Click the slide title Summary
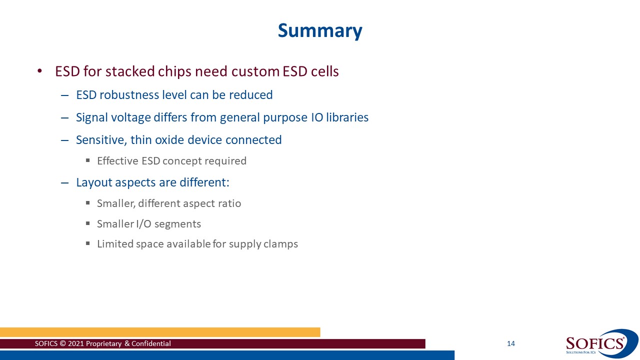(320, 30)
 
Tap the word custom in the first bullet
(255, 71)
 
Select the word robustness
(129, 95)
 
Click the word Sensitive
(100, 140)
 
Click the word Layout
(94, 182)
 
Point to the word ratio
(229, 203)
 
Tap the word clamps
(281, 244)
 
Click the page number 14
(510, 343)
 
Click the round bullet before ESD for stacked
(40, 71)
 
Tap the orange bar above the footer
(160, 332)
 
